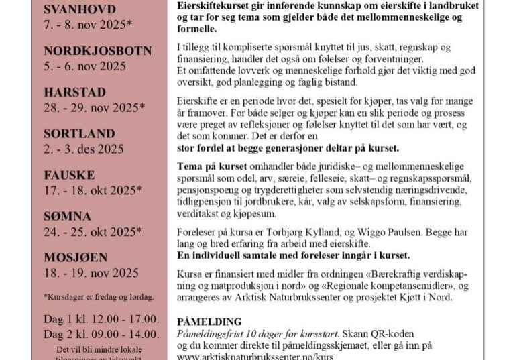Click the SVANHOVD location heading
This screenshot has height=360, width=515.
click(80, 9)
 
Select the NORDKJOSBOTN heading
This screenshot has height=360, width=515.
click(98, 51)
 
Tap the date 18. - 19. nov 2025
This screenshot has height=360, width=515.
click(91, 273)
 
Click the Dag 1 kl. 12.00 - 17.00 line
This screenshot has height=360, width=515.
click(101, 319)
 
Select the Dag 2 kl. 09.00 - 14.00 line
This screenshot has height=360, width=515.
click(101, 334)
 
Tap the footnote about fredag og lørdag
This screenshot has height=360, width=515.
click(99, 296)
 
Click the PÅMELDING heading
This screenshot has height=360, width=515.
click(209, 322)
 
